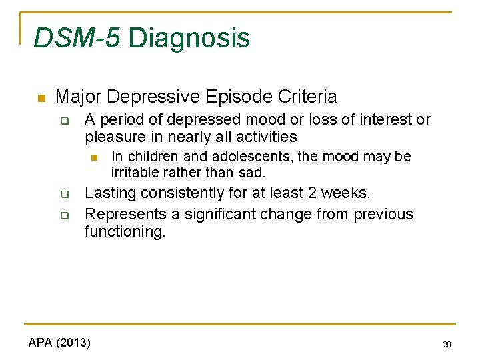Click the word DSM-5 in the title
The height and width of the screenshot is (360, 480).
pos(77,38)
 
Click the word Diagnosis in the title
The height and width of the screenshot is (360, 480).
pos(189,38)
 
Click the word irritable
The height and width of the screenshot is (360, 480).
pos(136,173)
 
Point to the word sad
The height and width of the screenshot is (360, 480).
pos(254,173)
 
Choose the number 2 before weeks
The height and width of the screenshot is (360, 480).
pos(312,193)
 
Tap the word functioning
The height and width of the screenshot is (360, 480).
pos(124,232)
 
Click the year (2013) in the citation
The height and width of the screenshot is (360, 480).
pos(74,343)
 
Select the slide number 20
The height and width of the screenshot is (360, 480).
pos(446,345)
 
